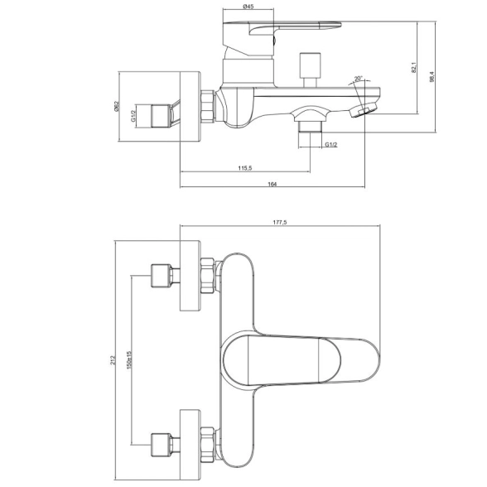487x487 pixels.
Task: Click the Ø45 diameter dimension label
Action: point(248,7)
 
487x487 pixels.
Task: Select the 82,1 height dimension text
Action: point(413,67)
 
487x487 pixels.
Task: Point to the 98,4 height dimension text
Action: point(432,76)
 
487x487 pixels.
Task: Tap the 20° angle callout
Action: point(358,78)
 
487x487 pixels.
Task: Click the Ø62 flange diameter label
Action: point(117,107)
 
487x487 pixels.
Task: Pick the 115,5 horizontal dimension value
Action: point(245,168)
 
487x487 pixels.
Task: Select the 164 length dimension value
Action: point(272,184)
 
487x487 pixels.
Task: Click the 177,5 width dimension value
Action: point(280,222)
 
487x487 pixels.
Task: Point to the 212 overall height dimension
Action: point(113,360)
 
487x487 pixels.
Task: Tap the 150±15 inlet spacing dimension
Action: point(129,359)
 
